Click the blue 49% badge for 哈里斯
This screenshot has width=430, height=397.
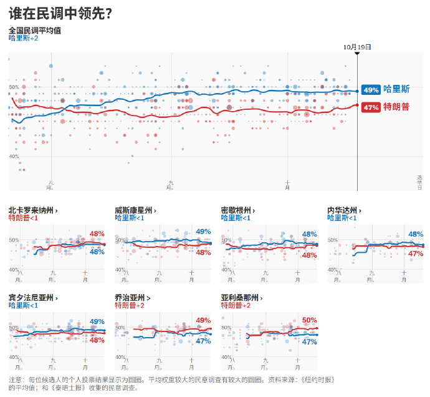point(371,90)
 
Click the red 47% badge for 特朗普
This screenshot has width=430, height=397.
point(371,107)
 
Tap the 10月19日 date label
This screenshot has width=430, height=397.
point(357,47)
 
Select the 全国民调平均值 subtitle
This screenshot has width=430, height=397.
point(35,30)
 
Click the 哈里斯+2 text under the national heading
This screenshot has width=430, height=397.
point(24,38)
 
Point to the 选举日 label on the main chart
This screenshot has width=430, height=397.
point(420,182)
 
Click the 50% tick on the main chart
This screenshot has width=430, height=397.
point(14,87)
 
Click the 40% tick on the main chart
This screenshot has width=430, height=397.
point(14,157)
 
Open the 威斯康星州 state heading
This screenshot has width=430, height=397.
point(134,210)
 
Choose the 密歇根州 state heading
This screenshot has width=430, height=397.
point(237,210)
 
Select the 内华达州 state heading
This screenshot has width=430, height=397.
point(343,210)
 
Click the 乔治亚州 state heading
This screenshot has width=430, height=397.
point(131,298)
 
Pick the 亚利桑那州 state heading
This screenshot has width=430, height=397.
point(241,298)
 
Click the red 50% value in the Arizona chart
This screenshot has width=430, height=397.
point(309,320)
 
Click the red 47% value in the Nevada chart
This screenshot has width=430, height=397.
point(416,254)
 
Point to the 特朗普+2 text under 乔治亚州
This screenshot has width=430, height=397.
point(130,305)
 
